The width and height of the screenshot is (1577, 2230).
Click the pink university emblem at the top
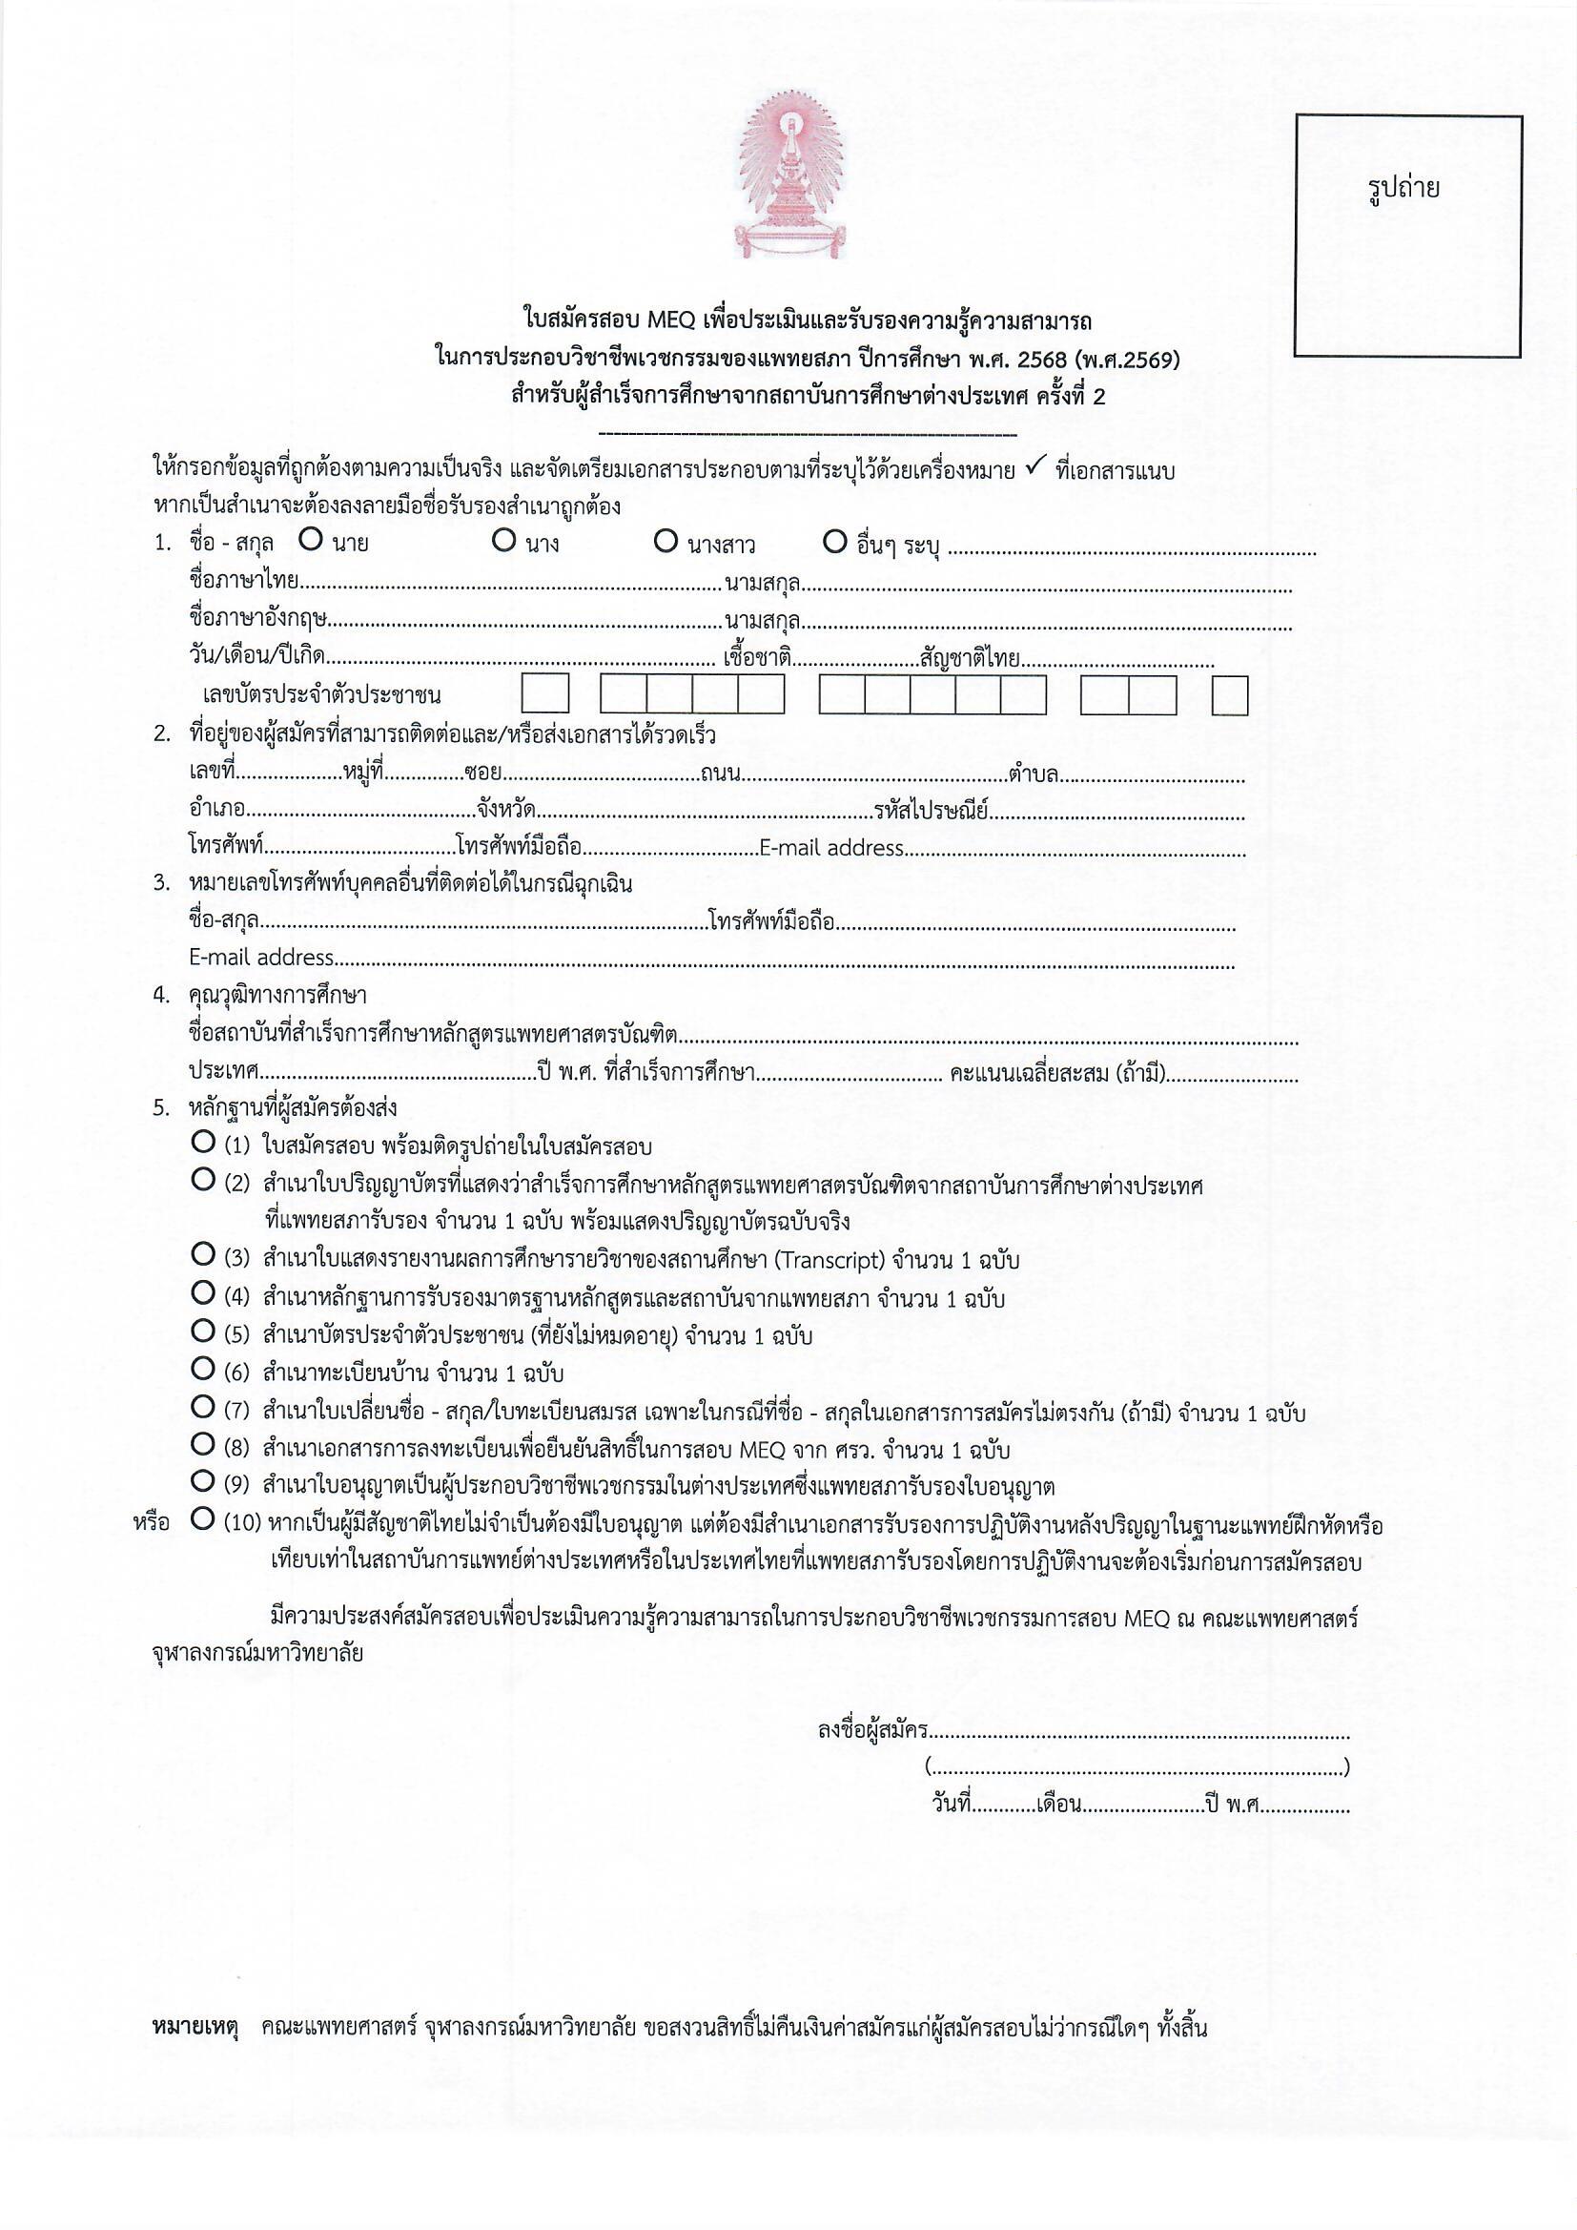[788, 179]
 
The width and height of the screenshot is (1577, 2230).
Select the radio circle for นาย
[311, 540]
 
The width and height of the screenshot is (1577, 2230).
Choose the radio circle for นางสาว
[666, 540]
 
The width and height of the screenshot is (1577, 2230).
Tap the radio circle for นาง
[503, 540]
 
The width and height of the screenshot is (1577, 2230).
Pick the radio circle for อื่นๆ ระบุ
[834, 540]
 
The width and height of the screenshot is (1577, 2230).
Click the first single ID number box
[544, 694]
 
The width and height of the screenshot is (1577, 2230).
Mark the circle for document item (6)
[203, 1370]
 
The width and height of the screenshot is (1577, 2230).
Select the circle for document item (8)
[203, 1444]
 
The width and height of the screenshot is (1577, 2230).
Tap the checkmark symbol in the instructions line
[1034, 469]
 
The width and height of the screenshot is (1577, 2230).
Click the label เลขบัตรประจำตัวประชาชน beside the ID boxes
[322, 695]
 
